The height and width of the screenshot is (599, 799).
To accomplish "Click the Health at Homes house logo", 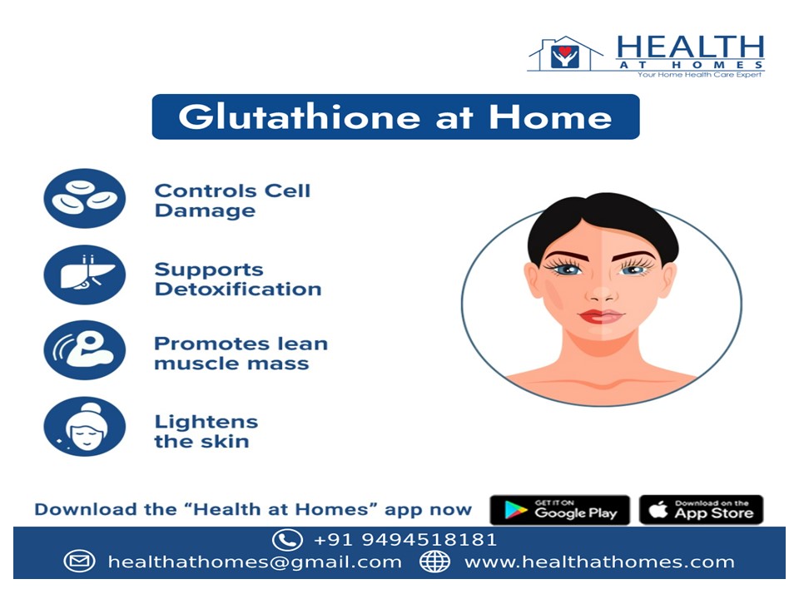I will (565, 54).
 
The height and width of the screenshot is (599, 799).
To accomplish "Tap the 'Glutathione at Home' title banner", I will (395, 116).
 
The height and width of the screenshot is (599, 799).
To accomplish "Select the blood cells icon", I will (84, 199).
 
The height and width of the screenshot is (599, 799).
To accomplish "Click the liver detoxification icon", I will (84, 275).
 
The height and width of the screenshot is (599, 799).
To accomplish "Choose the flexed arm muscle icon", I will (84, 350).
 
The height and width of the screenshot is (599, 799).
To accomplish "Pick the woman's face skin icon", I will (84, 427).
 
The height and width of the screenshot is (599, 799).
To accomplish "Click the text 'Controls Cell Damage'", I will (232, 200).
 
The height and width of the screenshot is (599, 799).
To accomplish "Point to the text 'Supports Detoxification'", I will (237, 280).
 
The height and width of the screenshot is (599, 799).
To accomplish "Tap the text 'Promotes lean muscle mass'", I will (241, 354).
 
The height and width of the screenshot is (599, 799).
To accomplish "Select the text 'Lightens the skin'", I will (206, 431).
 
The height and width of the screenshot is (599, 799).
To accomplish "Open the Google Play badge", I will (559, 510).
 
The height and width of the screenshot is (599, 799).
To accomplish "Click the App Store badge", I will (701, 510).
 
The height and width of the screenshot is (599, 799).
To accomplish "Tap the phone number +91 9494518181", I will (405, 540).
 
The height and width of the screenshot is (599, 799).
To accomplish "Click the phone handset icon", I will (287, 540).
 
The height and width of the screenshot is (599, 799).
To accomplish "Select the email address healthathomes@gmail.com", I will (255, 562).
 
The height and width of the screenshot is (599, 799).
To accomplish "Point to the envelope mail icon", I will (79, 562).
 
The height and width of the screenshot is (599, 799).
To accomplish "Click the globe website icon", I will (434, 562).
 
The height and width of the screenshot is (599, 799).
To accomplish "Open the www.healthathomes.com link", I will (599, 562).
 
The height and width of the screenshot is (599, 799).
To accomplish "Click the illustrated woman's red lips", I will (601, 316).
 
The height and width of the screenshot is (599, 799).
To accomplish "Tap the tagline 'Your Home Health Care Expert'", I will (700, 75).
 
